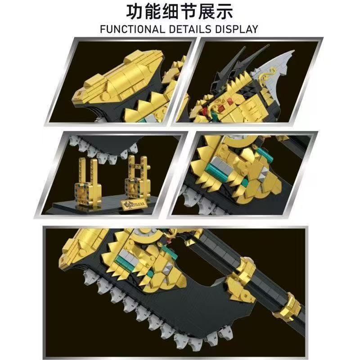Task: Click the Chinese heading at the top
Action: point(180,12)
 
